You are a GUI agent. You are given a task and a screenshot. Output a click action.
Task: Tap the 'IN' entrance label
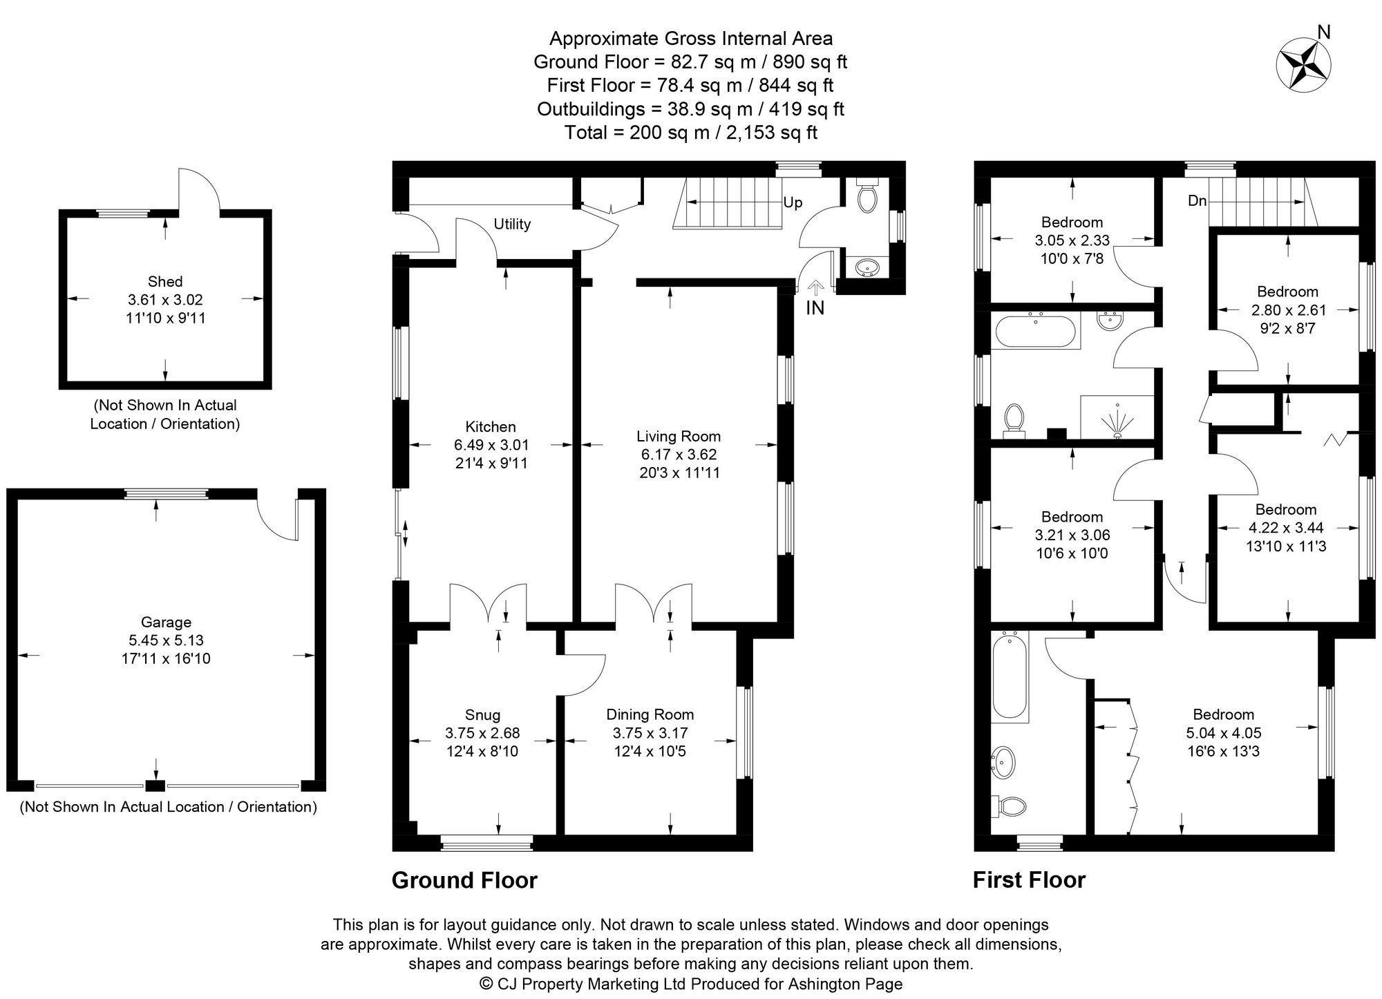pyautogui.click(x=815, y=308)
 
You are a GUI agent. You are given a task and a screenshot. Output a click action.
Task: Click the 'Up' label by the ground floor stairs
pyautogui.click(x=793, y=202)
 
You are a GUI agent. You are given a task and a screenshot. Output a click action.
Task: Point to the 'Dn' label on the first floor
pyautogui.click(x=1197, y=201)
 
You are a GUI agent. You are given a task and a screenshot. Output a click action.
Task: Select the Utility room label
pyautogui.click(x=512, y=224)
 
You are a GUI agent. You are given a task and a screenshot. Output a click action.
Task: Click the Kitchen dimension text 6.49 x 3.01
pyautogui.click(x=491, y=446)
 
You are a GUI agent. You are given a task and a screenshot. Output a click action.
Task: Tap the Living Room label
pyautogui.click(x=678, y=436)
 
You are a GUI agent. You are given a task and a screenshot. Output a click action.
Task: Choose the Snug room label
pyautogui.click(x=482, y=715)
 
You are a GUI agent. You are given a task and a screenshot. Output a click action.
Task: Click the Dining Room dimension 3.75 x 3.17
pyautogui.click(x=650, y=733)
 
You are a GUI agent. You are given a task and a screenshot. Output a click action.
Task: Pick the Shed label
pyautogui.click(x=165, y=281)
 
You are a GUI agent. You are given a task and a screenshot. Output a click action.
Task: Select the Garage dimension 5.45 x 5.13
pyautogui.click(x=166, y=640)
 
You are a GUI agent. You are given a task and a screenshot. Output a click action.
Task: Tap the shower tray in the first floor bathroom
pyautogui.click(x=1117, y=417)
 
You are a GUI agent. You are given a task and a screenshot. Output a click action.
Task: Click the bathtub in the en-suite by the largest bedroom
pyautogui.click(x=1009, y=677)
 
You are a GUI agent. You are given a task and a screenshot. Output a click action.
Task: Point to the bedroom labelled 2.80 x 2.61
pyautogui.click(x=1287, y=310)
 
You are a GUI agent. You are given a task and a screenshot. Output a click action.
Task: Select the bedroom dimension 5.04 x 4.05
pyautogui.click(x=1223, y=733)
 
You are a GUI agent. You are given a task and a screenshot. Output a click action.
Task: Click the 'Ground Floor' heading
pyautogui.click(x=464, y=880)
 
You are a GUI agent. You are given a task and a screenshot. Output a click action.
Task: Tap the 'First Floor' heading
pyautogui.click(x=1029, y=880)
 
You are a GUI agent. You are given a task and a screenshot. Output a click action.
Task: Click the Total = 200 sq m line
pyautogui.click(x=690, y=133)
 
